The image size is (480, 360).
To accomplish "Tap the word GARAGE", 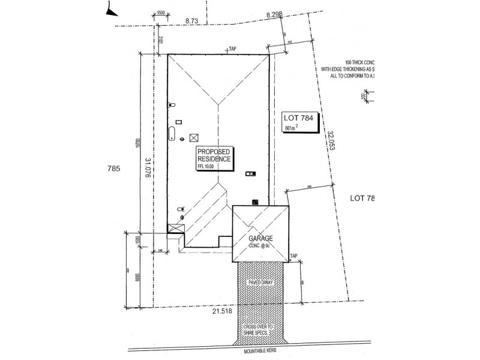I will pyautogui.click(x=260, y=238).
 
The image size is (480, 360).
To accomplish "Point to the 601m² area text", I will pyautogui.click(x=292, y=128).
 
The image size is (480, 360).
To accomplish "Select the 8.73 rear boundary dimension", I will pyautogui.click(x=192, y=21).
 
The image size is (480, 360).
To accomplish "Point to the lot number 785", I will pyautogui.click(x=115, y=169).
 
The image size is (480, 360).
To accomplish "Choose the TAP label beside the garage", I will pyautogui.click(x=293, y=256).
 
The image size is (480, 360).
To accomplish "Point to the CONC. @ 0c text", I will pyautogui.click(x=260, y=245).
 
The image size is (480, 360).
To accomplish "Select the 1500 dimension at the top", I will pyautogui.click(x=160, y=13).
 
